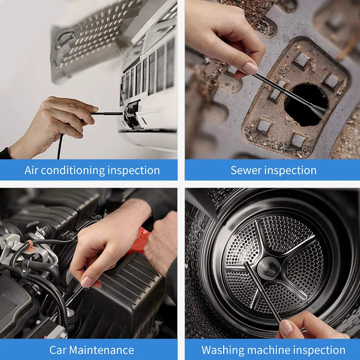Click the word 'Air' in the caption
coord(33,171)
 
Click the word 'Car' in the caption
coord(59,350)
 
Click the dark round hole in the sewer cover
coord(306,103)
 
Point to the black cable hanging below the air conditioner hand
coord(60,146)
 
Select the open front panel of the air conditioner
coord(90,40)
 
